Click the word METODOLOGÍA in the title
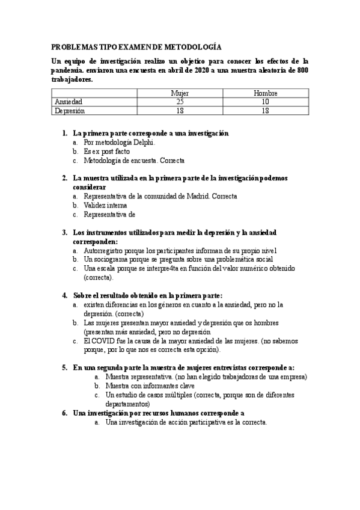191,46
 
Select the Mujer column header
180,93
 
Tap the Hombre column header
265,93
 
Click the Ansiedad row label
68,102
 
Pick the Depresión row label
70,111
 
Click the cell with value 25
180,102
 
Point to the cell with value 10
265,102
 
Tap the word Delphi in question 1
144,143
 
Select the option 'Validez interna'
105,205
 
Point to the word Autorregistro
105,250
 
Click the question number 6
65,413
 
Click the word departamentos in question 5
129,404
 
